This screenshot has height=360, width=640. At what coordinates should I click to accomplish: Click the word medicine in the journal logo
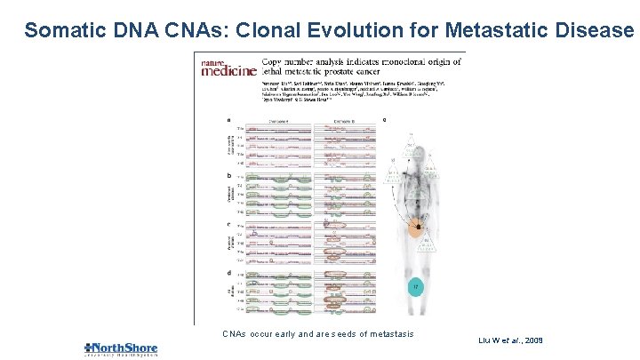(x=229, y=71)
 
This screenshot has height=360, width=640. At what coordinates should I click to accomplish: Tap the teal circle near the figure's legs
(x=413, y=286)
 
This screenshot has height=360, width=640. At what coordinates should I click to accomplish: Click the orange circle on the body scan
(x=416, y=229)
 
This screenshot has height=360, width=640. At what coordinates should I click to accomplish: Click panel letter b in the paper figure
(x=229, y=176)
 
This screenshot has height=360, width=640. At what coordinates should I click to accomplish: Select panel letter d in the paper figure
(x=229, y=272)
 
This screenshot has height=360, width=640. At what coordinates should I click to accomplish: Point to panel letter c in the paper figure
(x=229, y=224)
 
